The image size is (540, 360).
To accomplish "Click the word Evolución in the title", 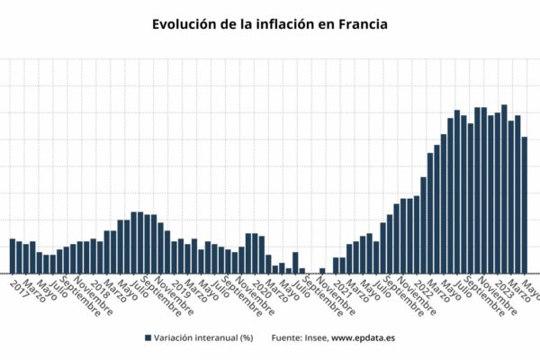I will [184, 24].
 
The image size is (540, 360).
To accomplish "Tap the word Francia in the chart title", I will [357, 24].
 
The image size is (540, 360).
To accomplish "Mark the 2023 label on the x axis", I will [505, 288].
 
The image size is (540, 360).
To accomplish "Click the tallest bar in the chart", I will [504, 189].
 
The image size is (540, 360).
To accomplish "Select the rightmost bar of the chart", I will [525, 205].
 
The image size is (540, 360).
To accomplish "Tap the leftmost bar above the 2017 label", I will [13, 256].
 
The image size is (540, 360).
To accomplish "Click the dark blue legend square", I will [147, 337].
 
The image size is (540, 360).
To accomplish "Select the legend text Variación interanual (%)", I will [202, 337].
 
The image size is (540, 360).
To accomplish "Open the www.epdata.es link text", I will [364, 337].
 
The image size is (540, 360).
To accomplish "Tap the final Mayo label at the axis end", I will [531, 288].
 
